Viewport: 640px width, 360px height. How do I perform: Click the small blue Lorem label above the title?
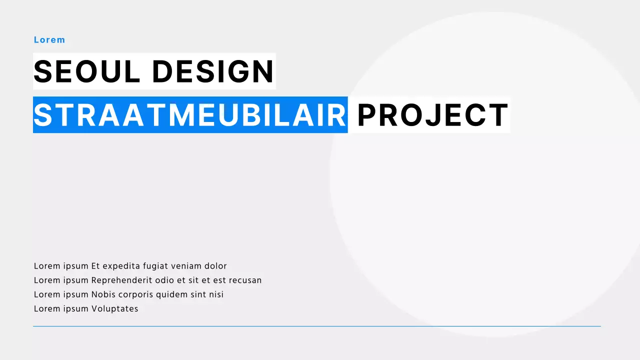tap(49, 40)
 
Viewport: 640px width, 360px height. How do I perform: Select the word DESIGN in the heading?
tap(213, 71)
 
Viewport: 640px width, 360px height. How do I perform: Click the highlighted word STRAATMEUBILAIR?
tap(190, 115)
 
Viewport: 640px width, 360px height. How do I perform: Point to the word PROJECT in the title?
tap(433, 115)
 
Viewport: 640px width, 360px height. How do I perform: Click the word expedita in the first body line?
tap(121, 266)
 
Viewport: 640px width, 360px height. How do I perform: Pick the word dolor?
tap(215, 266)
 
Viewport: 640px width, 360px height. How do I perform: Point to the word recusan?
tap(245, 280)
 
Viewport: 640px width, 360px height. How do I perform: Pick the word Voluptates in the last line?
tap(114, 309)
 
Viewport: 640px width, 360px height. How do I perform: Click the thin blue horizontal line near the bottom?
tap(316, 326)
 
